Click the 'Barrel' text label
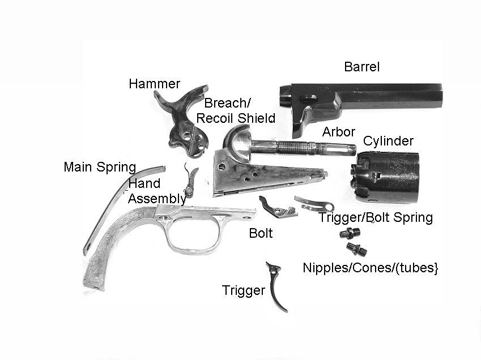click(x=361, y=67)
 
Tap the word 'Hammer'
click(x=154, y=84)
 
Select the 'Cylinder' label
click(x=388, y=141)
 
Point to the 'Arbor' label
click(x=339, y=132)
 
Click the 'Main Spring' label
click(x=100, y=167)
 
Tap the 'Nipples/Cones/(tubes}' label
click(x=371, y=268)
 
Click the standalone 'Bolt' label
click(x=261, y=233)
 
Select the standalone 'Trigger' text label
click(x=244, y=291)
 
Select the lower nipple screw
click(x=355, y=248)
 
